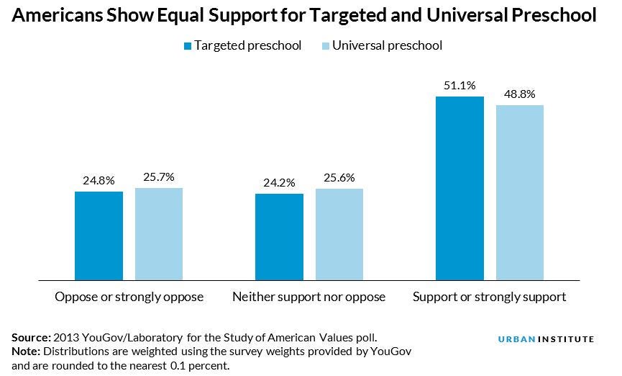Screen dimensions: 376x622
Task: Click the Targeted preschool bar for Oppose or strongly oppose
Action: point(99,235)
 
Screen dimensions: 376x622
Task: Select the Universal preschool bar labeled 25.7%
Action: point(159,233)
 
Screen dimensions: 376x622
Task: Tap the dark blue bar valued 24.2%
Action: point(280,236)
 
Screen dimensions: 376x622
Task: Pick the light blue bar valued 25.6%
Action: point(339,234)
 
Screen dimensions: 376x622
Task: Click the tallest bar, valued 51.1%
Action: point(460,187)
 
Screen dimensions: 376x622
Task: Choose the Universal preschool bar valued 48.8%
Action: point(520,192)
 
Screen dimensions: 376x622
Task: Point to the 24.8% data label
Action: point(99,181)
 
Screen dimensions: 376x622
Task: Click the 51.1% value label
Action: point(460,85)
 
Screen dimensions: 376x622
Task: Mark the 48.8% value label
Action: point(520,94)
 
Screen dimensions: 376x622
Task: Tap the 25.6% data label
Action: point(339,178)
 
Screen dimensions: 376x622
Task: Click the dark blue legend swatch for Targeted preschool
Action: point(188,46)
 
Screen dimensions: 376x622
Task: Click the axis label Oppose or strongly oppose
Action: point(129,297)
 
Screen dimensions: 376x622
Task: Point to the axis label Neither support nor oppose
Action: point(309,297)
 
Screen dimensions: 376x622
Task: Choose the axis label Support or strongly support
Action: point(489,297)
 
